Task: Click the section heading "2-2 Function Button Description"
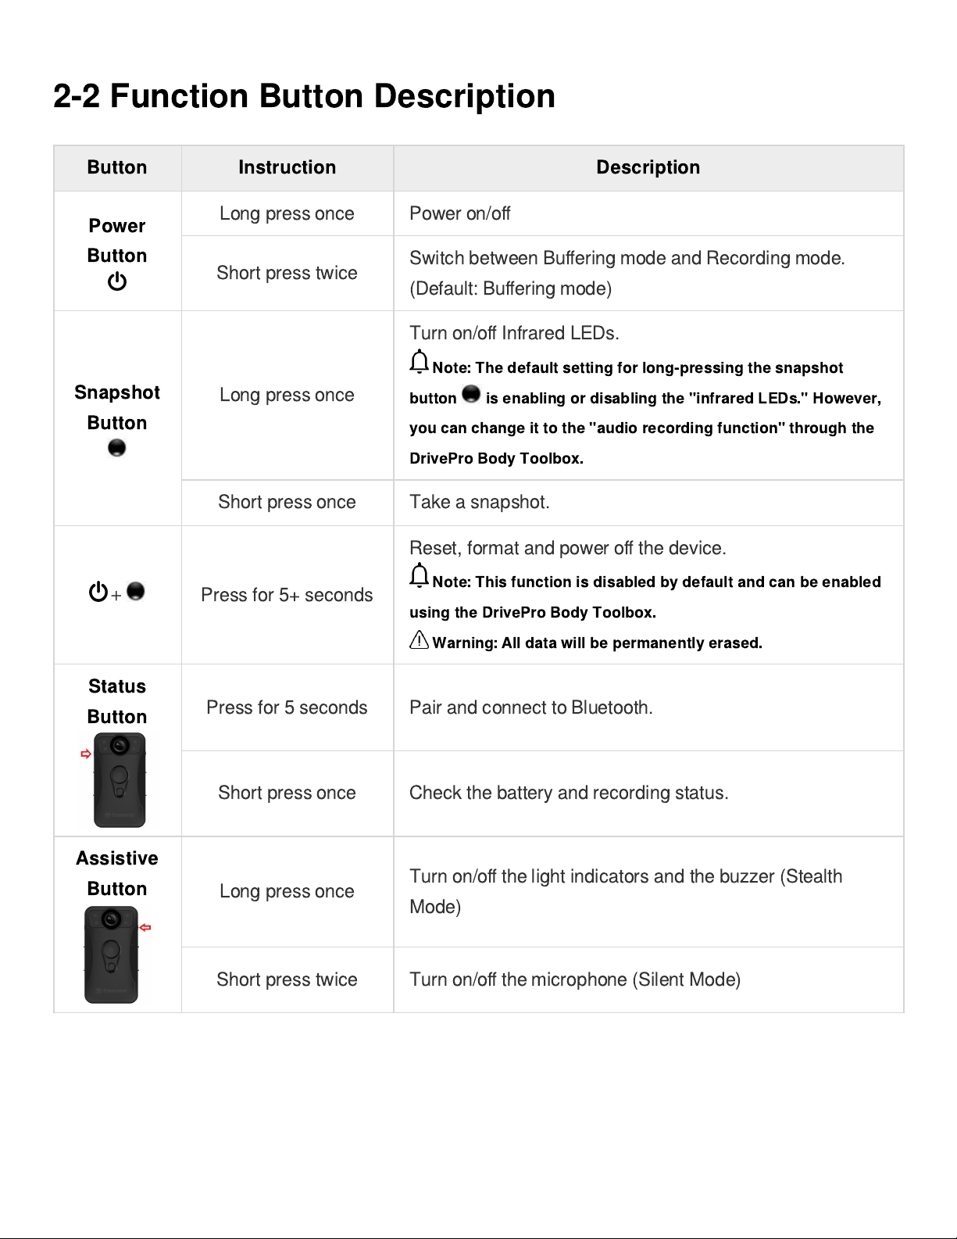point(304,96)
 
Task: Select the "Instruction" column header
point(287,167)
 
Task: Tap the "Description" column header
point(648,167)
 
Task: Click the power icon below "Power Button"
point(117,281)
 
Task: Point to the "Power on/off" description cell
point(459,213)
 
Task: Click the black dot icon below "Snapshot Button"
point(116,448)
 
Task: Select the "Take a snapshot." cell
point(479,502)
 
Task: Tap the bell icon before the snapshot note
point(420,362)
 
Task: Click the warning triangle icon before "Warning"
point(420,640)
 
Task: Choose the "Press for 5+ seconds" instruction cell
point(287,595)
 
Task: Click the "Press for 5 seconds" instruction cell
point(287,707)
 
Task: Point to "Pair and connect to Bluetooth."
point(530,707)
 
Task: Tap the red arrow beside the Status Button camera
point(86,754)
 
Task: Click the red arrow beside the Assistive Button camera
point(145,927)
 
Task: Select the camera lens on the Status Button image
point(120,745)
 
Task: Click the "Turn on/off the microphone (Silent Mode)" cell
point(574,979)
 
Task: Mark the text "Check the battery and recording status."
point(568,793)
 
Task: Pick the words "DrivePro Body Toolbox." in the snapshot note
point(496,459)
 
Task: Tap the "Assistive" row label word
point(117,858)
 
